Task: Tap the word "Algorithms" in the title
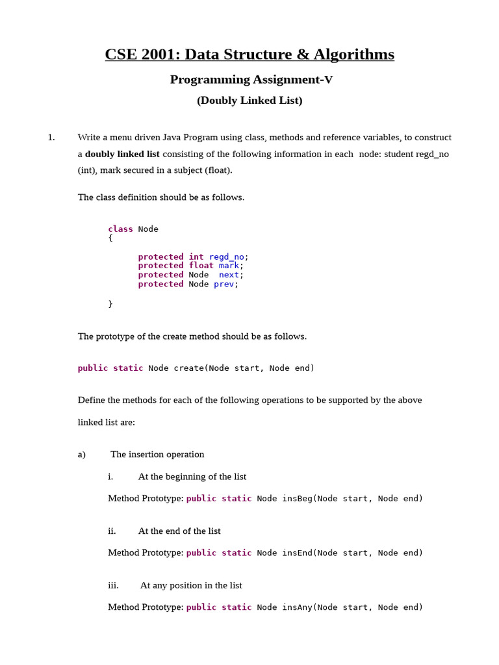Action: click(354, 55)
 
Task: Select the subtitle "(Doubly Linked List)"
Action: click(249, 101)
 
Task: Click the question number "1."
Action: click(51, 138)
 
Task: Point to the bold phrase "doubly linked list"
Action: click(122, 155)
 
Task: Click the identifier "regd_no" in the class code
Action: click(226, 257)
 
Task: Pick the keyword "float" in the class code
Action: click(201, 266)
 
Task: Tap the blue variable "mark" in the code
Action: click(229, 266)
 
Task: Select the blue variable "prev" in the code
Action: click(224, 284)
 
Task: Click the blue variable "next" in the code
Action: click(229, 275)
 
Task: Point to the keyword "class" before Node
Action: click(120, 229)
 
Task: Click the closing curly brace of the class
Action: click(110, 304)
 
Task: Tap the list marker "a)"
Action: click(82, 455)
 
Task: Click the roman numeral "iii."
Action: click(113, 586)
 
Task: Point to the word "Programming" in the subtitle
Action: click(210, 80)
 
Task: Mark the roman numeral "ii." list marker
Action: click(112, 531)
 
